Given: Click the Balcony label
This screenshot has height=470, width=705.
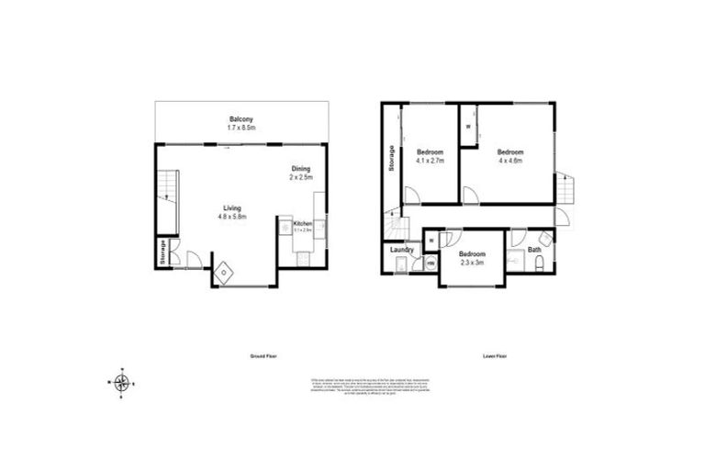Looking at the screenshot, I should click(241, 119).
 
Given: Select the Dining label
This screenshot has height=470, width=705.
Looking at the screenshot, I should click(300, 168).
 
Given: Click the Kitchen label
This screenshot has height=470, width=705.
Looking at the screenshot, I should click(303, 224).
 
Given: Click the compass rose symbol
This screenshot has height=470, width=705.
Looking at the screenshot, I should click(122, 383).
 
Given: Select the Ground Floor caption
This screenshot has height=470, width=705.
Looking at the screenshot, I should click(263, 355).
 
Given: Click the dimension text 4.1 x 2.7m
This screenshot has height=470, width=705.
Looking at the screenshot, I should click(430, 161).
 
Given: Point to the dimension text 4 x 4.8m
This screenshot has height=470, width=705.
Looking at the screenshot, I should click(510, 161).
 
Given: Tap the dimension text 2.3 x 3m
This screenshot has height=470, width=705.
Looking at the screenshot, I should click(471, 263).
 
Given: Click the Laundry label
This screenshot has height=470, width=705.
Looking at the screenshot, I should click(401, 250).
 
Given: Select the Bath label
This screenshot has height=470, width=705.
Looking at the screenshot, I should click(534, 250).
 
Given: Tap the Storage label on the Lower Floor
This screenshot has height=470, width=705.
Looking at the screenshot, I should click(392, 159).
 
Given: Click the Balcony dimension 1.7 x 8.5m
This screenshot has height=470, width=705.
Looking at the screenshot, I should click(241, 128).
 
